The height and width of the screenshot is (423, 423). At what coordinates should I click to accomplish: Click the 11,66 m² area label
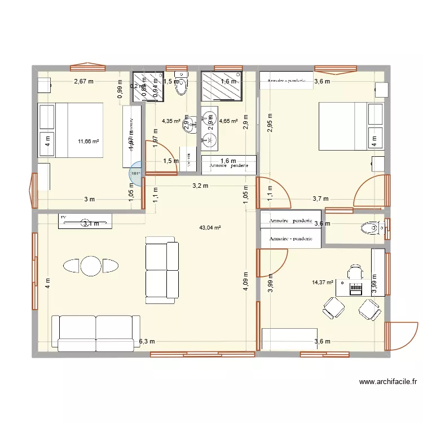point(88,142)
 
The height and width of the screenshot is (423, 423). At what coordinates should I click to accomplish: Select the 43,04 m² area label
point(210,228)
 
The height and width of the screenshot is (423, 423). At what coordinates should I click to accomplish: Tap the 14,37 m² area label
point(323,283)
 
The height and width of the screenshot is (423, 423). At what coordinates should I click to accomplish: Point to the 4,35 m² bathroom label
point(171,121)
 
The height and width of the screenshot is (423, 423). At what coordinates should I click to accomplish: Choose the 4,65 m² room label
point(228,121)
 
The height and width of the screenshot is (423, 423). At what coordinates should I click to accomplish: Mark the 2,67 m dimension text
point(83,82)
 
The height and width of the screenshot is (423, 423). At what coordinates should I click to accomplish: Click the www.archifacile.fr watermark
point(388,382)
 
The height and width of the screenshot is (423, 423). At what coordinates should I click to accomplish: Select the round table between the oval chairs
point(90,265)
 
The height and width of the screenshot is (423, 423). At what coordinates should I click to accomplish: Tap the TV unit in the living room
point(85,221)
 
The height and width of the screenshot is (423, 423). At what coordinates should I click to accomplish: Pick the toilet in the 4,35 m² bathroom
point(181,85)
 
